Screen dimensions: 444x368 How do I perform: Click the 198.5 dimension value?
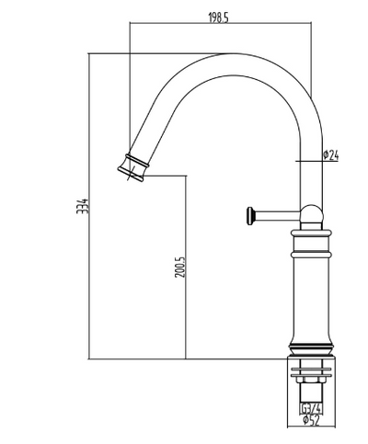coord(217,17)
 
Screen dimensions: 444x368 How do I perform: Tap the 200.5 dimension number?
coord(180,268)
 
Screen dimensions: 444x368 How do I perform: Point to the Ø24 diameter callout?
coord(332,157)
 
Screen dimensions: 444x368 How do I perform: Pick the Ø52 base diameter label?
coord(311,422)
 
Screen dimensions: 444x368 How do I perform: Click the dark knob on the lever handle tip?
coord(247,216)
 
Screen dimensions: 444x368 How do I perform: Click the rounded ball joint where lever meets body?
coord(312,215)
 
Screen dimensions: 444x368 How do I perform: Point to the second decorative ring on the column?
coord(312,248)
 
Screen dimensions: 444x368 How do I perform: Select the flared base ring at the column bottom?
coord(312,350)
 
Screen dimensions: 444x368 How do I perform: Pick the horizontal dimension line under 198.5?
coord(221,26)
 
